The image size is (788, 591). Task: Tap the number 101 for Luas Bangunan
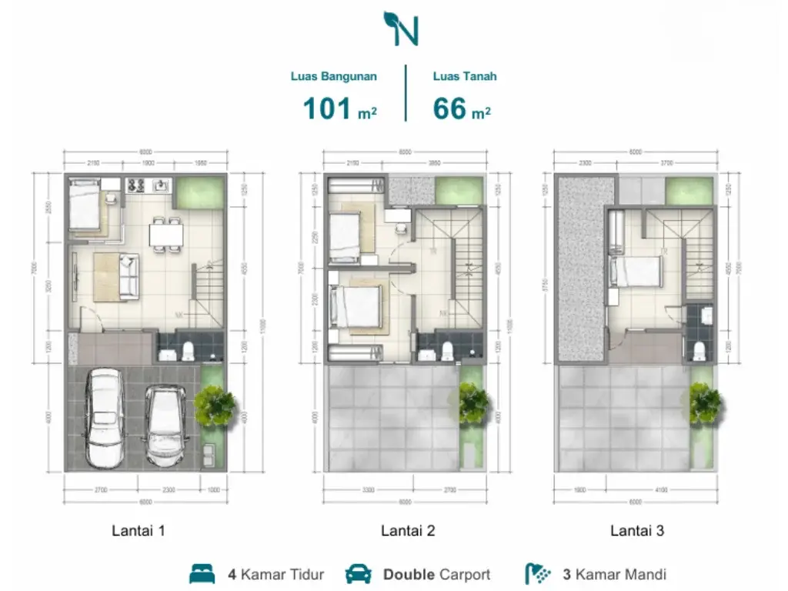point(329,109)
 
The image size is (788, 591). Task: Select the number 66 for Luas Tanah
point(450,109)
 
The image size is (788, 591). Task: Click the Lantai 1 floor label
point(139,530)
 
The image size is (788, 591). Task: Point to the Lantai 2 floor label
point(408,530)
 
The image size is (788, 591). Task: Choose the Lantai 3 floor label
point(637,530)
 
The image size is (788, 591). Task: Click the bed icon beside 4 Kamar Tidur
point(202,574)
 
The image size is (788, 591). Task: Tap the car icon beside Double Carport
point(359,574)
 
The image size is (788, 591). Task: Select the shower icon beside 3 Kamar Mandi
point(538,574)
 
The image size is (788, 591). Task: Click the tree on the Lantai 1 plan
point(214,406)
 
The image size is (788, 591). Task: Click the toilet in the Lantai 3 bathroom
point(699,351)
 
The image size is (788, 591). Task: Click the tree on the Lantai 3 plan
point(705,402)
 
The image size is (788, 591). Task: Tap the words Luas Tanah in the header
point(464,76)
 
